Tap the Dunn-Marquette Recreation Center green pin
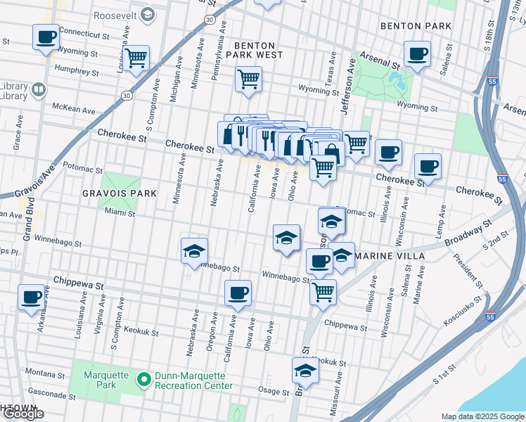pos(144,381)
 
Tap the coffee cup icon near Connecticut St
pos(46,37)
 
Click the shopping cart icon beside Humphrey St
pos(136,58)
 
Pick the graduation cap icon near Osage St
pos(305,370)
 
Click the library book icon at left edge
pos(38,89)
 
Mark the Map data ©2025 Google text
pos(482,416)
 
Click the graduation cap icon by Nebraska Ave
pos(194,251)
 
